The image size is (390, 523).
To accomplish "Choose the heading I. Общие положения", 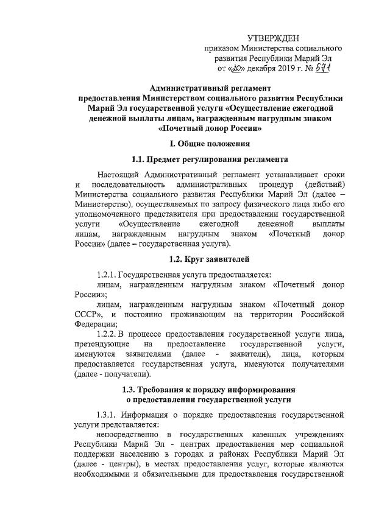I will (210, 144).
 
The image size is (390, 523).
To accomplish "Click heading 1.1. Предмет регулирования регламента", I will (210, 160).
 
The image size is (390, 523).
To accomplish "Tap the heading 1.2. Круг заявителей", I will (210, 259).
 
